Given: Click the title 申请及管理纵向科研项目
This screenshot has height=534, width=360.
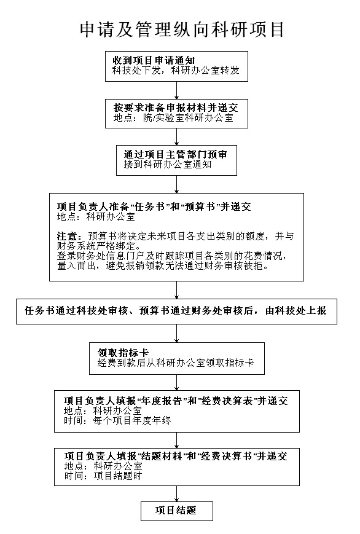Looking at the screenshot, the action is click(182, 29).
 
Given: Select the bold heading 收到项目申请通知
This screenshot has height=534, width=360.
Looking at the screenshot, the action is click(154, 61).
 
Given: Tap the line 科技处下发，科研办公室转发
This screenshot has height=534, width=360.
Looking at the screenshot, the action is click(176, 71).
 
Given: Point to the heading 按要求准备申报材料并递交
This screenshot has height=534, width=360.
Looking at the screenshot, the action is click(176, 108).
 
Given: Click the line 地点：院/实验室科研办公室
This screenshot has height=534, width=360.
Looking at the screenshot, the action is click(173, 118).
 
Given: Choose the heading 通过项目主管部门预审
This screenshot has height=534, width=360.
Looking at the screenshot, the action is click(176, 155).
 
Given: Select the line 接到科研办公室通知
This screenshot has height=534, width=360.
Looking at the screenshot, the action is click(168, 165).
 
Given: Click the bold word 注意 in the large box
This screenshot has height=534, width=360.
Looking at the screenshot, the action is click(68, 237).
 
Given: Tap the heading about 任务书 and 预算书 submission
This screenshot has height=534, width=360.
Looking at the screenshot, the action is click(154, 206).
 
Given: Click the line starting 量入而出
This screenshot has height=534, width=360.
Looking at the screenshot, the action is click(163, 265).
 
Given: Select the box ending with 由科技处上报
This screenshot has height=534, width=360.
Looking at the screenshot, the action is click(176, 312).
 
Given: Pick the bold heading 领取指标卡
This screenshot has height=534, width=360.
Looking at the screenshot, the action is click(123, 353).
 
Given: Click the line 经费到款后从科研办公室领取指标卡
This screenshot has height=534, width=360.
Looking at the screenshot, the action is click(176, 363).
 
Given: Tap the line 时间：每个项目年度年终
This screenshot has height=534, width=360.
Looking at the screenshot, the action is click(117, 420).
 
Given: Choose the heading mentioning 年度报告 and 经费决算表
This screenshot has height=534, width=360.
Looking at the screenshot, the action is click(176, 401).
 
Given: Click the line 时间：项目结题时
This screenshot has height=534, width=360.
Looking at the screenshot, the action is click(103, 476).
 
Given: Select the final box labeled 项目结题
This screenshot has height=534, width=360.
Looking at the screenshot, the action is click(177, 511).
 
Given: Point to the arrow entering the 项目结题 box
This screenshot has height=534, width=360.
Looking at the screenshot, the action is click(177, 494).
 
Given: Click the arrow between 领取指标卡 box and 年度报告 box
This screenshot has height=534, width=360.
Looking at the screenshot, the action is click(177, 382).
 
